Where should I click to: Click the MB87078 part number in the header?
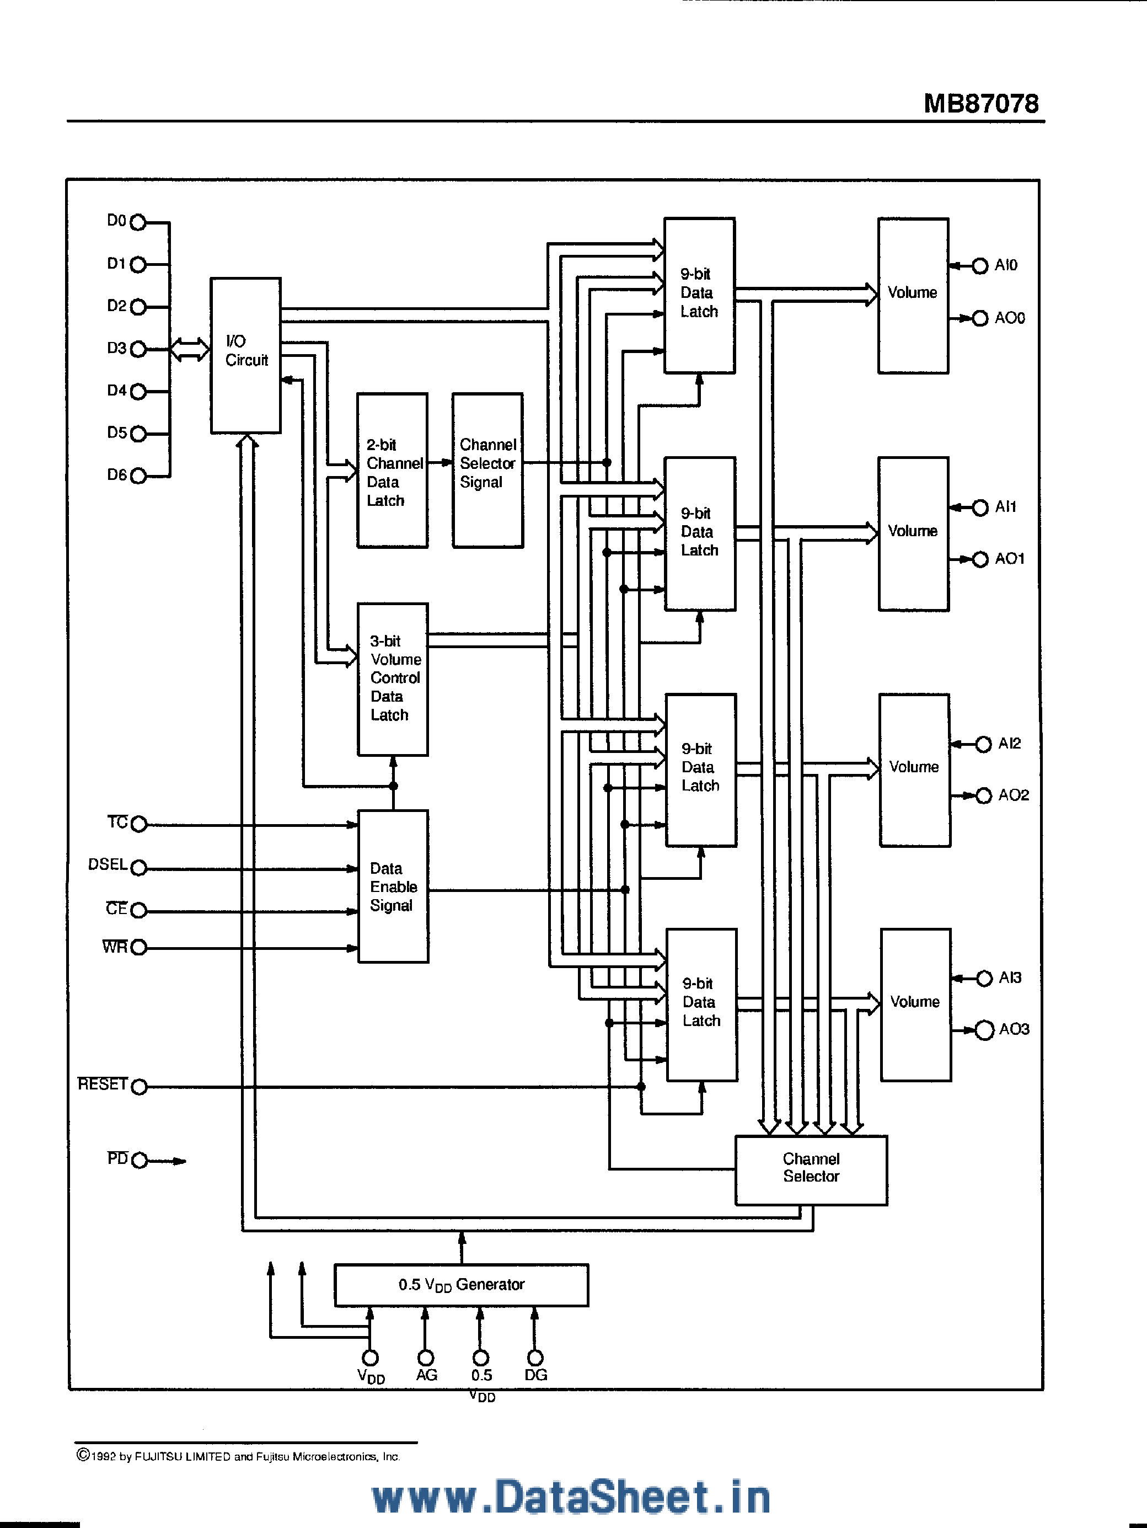tap(980, 104)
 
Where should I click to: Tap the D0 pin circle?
tap(138, 222)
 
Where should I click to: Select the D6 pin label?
tap(116, 474)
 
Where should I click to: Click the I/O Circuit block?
tap(245, 355)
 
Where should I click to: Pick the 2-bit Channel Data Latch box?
tap(392, 471)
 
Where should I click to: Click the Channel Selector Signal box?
tap(487, 471)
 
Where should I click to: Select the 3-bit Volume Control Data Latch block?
tap(392, 679)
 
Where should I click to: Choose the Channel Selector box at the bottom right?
tap(811, 1170)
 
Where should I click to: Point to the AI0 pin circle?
tap(979, 266)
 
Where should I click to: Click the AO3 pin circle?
tap(984, 1030)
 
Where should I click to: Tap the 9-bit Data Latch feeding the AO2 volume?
tap(700, 770)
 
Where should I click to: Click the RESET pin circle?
tap(139, 1087)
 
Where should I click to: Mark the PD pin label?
tap(117, 1158)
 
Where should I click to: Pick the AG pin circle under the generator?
tap(425, 1358)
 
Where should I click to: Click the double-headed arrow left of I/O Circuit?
tap(189, 349)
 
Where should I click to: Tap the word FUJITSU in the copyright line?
tap(159, 1456)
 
